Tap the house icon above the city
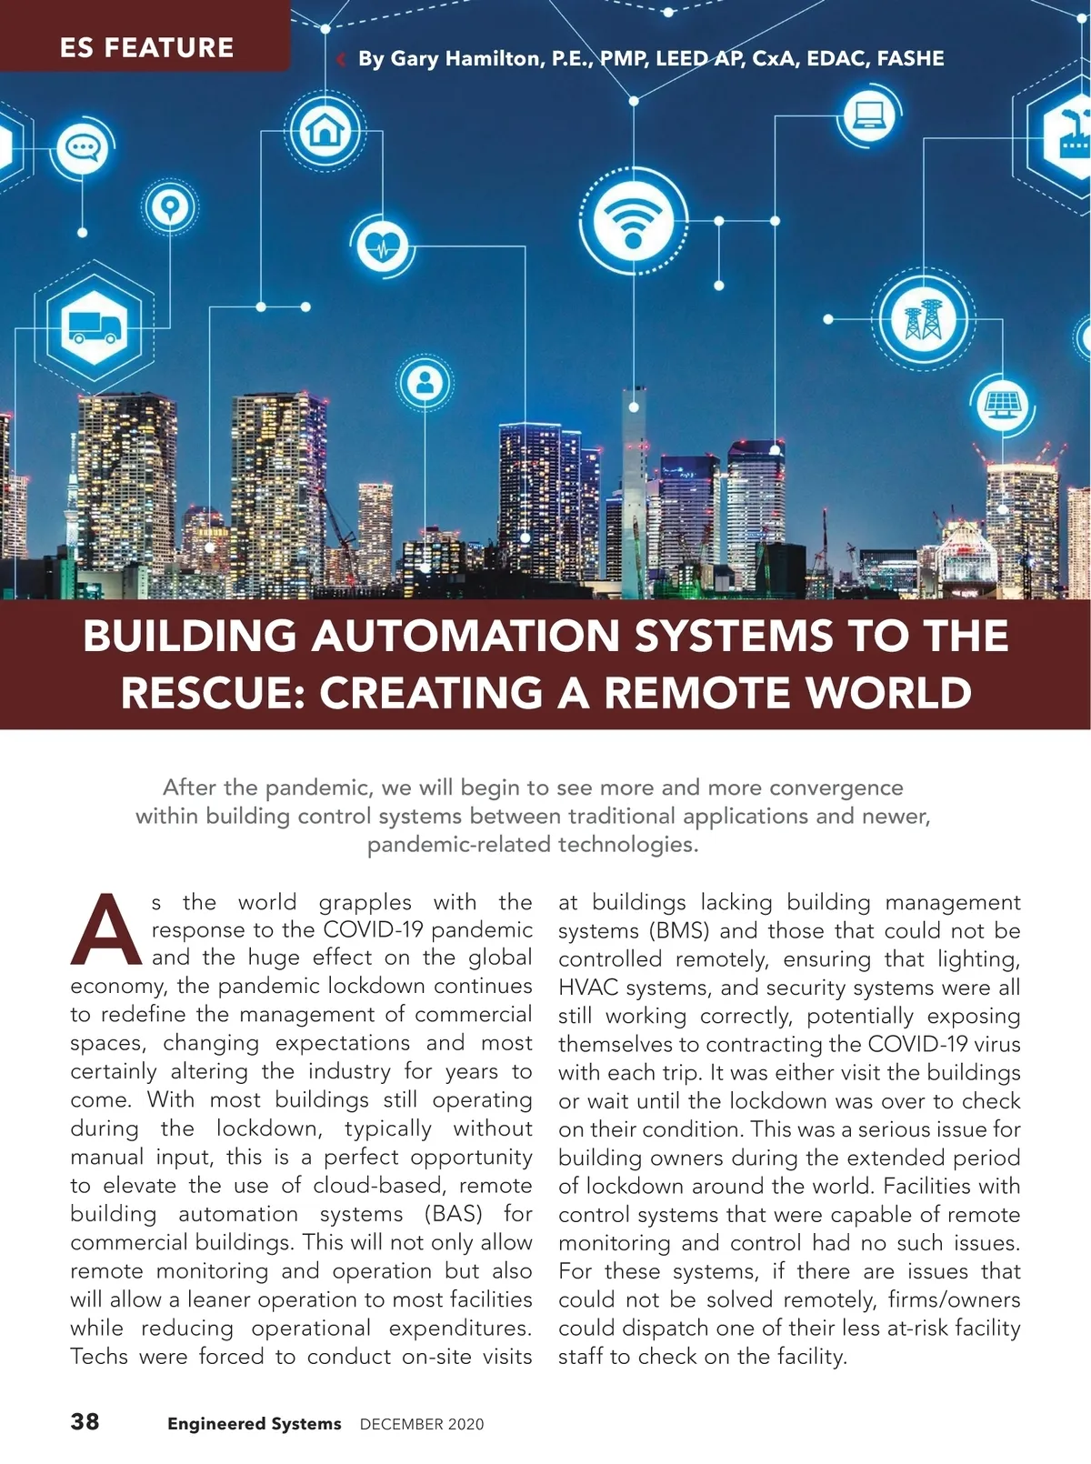[x=325, y=130]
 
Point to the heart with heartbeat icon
[x=383, y=245]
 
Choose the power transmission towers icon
[x=923, y=320]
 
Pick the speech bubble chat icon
[x=83, y=148]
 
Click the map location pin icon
[x=168, y=208]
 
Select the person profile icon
[x=424, y=384]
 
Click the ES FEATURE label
[x=146, y=47]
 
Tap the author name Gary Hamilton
[x=450, y=59]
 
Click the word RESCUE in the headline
[x=211, y=693]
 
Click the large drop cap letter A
[x=106, y=929]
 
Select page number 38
[x=85, y=1421]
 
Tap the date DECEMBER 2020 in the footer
[x=422, y=1424]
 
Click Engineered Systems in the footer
[x=254, y=1424]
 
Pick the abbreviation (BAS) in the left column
[x=453, y=1214]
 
